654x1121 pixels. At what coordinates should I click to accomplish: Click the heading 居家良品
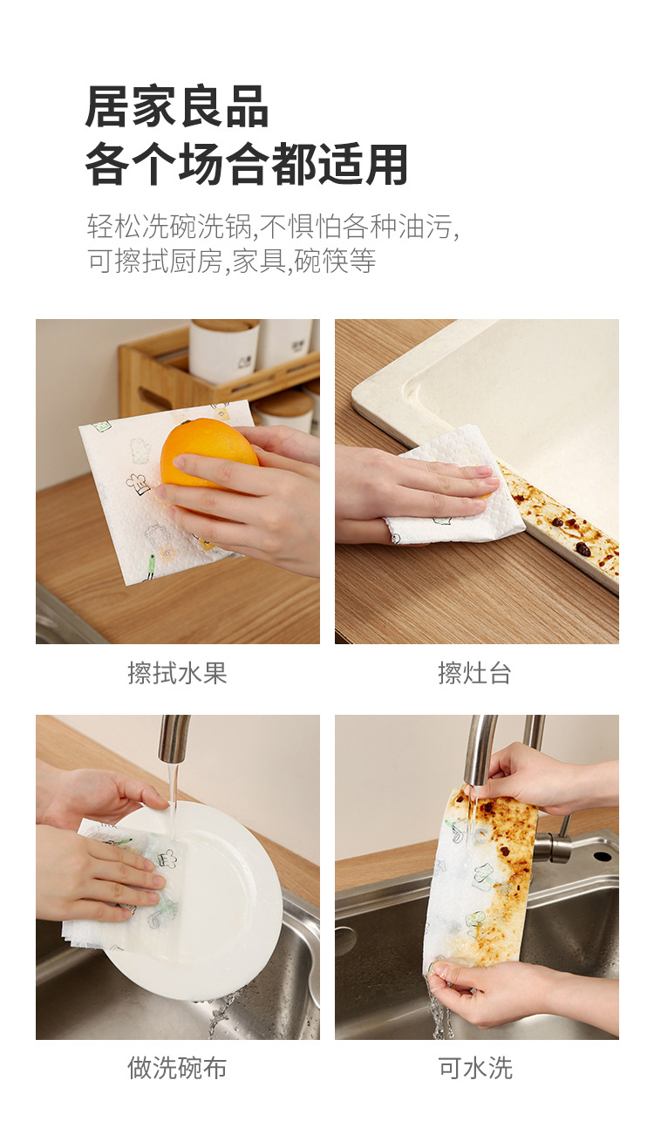click(177, 106)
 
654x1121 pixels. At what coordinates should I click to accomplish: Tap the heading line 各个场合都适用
click(247, 164)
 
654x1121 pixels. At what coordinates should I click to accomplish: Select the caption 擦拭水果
click(177, 673)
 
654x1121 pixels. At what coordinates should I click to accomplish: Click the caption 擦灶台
click(474, 673)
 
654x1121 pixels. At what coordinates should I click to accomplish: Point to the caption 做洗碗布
click(177, 1068)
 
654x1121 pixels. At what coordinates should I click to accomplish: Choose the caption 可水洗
click(475, 1068)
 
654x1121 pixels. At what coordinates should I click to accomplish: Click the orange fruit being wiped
click(208, 453)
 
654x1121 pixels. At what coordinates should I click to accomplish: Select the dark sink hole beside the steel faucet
click(602, 856)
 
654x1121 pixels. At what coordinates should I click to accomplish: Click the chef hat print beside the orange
click(138, 483)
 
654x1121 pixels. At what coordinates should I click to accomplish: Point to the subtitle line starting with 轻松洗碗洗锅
click(273, 226)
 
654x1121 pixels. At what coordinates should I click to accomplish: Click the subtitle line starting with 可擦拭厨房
click(231, 262)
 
